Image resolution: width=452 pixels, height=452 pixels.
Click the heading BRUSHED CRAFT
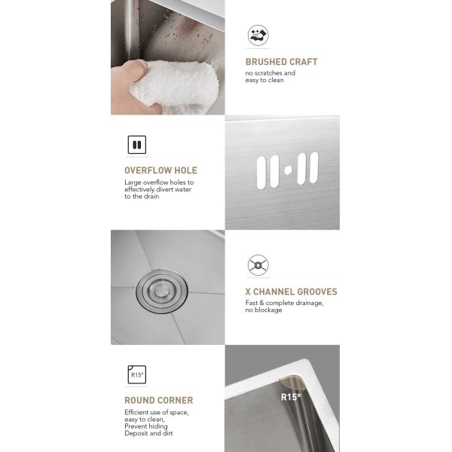point(281,62)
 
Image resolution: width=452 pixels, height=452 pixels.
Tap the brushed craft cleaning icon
point(258,35)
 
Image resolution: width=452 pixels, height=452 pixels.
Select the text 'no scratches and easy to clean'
point(270,76)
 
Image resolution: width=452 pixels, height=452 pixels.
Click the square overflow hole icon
point(136,144)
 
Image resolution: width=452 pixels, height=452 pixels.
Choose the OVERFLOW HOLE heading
point(160,170)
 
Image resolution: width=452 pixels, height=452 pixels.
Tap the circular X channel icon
point(258,265)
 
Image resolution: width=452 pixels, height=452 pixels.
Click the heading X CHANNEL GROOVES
point(291,292)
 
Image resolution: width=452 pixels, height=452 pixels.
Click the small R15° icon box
point(136,374)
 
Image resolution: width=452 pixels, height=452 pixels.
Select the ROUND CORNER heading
point(158,400)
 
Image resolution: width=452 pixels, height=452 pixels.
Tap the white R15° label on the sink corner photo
point(291,397)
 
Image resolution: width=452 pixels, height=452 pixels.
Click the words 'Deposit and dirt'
point(149,433)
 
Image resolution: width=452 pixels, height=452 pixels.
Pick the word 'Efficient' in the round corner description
point(137,413)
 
